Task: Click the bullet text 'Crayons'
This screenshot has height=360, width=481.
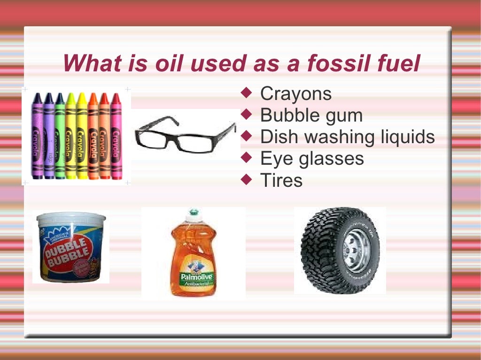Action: tap(296, 94)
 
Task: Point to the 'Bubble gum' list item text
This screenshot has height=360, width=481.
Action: tap(311, 115)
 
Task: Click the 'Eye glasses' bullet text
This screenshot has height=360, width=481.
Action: tap(312, 159)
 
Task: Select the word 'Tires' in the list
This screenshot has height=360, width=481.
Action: tap(281, 180)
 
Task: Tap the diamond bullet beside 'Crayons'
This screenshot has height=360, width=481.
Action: tap(247, 93)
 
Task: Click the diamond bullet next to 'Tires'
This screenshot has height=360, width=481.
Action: tap(247, 179)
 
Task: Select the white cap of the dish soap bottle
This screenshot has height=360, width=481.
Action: tap(193, 215)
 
